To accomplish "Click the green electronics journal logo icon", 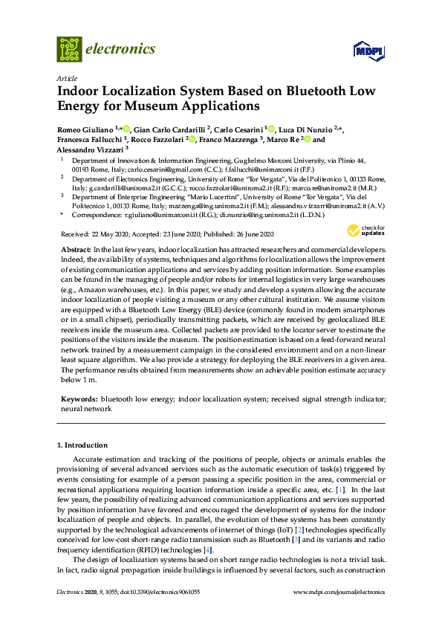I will pyautogui.click(x=69, y=49).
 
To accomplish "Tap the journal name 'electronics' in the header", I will pyautogui.click(x=121, y=49).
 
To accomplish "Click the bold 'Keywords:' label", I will pyautogui.click(x=79, y=399).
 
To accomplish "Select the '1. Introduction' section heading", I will pyautogui.click(x=82, y=445).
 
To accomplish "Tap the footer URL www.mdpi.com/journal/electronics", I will pyautogui.click(x=339, y=592).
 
